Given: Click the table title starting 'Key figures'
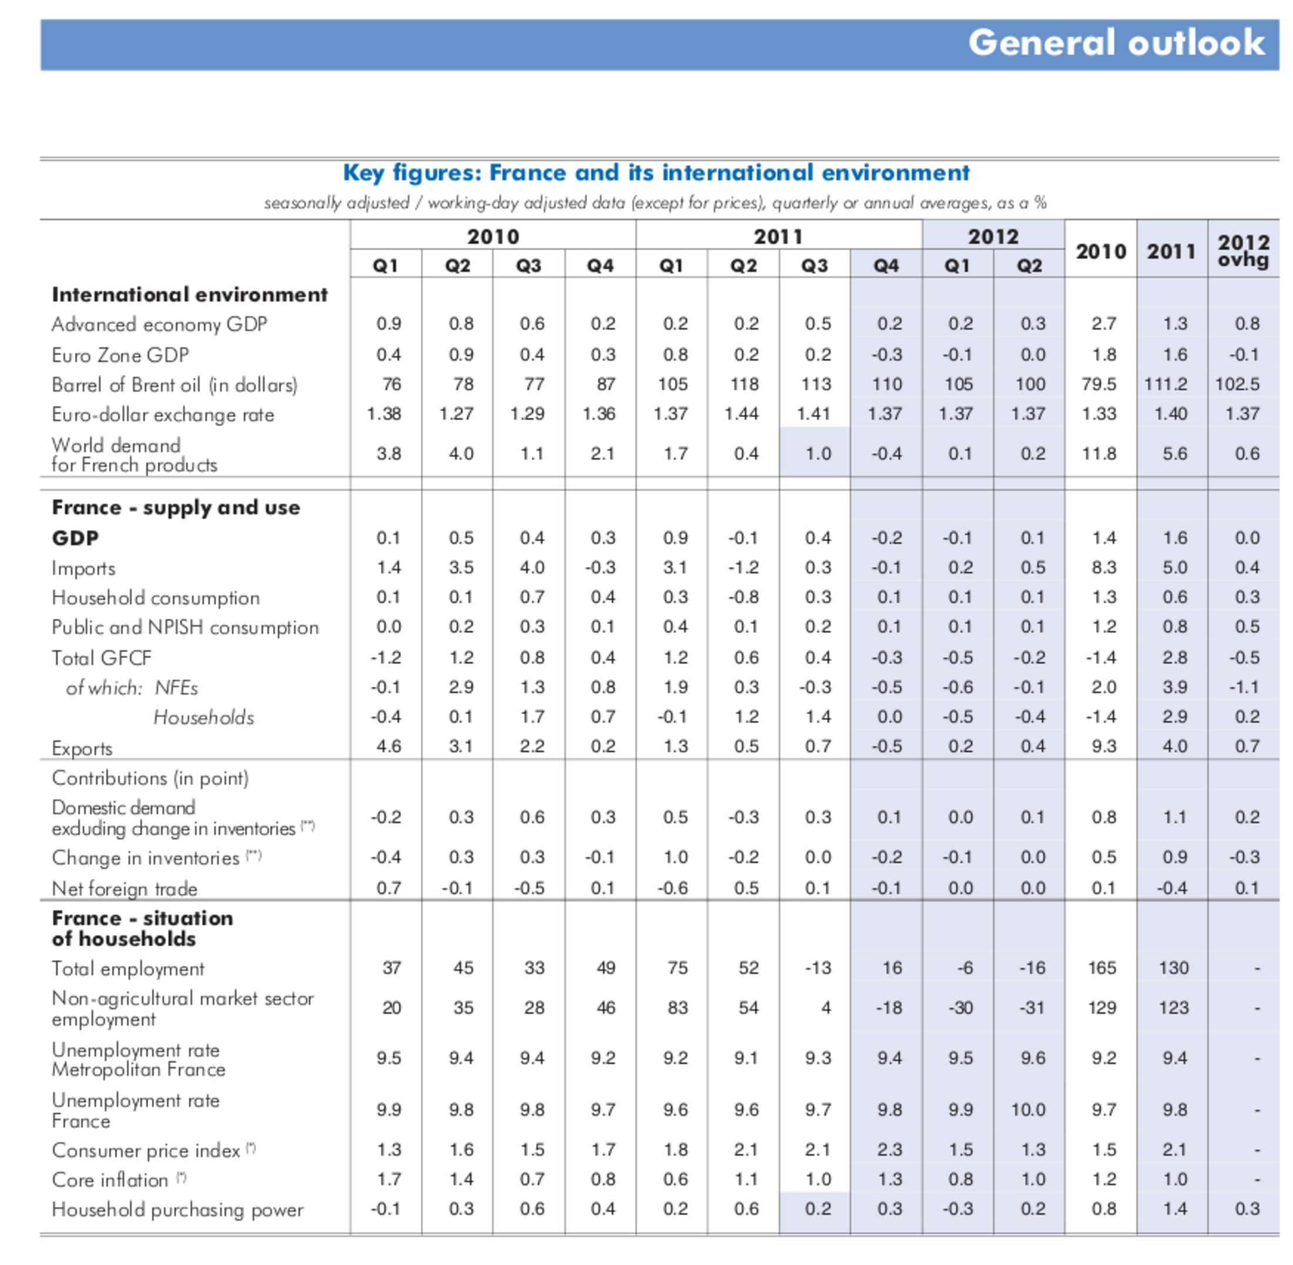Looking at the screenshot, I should click(x=656, y=173).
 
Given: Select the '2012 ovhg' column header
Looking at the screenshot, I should click(x=1242, y=251).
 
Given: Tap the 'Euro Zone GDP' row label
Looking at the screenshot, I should click(x=120, y=356).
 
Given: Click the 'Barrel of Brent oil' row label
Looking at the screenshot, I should click(x=174, y=386).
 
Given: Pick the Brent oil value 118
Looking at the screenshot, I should click(x=744, y=384).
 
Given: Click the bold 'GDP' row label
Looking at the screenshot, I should click(x=75, y=538).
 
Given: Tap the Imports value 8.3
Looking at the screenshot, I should click(x=1103, y=568).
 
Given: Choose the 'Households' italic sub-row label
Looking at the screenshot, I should click(x=203, y=718).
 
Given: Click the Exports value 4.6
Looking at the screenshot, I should click(x=388, y=747).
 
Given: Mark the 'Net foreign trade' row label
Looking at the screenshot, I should click(x=124, y=889).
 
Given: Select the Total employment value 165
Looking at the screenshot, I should click(x=1101, y=968).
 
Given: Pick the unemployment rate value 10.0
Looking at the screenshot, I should click(x=1028, y=1110).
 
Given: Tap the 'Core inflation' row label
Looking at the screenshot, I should click(x=110, y=1180).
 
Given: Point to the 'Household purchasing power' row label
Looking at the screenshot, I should click(x=177, y=1210).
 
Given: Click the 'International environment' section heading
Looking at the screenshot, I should click(x=189, y=295).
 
